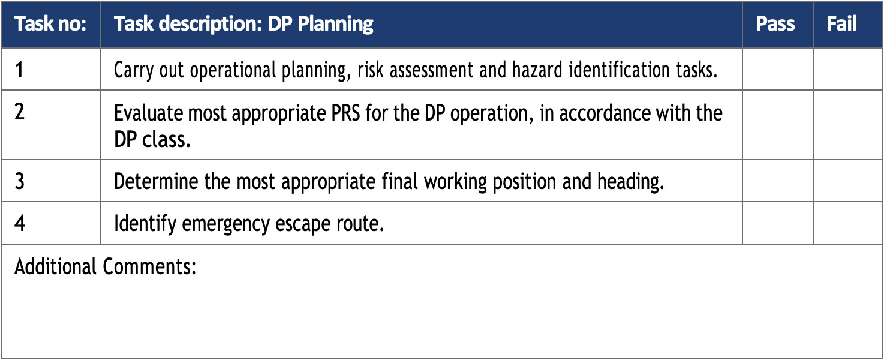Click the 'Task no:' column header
coord(50,23)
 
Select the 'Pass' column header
coord(775,23)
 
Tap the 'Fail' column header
coord(841,23)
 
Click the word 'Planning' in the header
coord(335,25)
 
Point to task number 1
coord(19,70)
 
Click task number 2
coord(19,112)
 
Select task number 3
coord(19,181)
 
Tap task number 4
coord(20,223)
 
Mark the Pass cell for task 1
coord(777,70)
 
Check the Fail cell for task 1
coord(847,70)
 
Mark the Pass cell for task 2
coord(777,125)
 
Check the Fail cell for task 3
coord(847,181)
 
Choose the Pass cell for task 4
coord(777,223)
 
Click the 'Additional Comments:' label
coord(106,266)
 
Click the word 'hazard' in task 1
coord(537,70)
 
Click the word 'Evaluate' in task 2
coord(148,113)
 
